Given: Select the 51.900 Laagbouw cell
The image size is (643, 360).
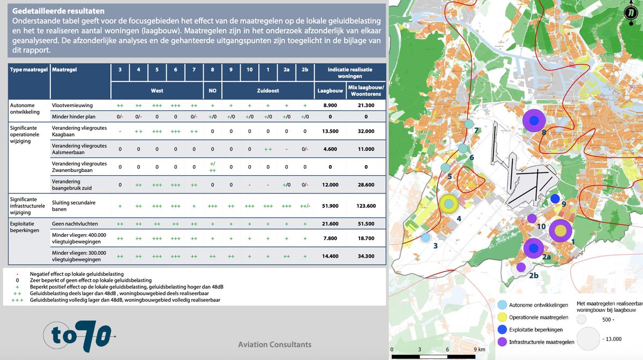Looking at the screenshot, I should coord(330,206).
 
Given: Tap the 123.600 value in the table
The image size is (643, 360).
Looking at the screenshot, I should coord(366,206).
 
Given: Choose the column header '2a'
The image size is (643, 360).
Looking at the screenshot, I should coord(286,70).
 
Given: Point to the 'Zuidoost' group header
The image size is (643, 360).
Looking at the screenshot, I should coord(268,91).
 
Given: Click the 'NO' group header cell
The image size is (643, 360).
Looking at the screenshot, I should coord(212,91).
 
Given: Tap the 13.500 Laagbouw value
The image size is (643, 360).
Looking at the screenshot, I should coord(330,131).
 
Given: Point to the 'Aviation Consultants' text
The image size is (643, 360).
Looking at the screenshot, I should coord(274,344).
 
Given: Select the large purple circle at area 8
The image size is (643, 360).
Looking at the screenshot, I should coord(534,121).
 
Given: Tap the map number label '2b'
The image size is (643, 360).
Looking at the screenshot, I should coord(534,275).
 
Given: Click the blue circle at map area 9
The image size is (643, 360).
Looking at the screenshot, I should coord(555,199).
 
